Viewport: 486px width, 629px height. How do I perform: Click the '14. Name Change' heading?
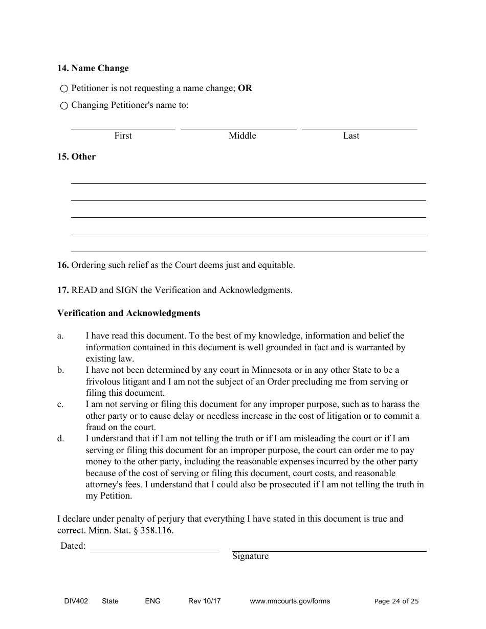click(x=93, y=69)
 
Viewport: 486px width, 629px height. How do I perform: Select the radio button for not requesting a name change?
click(x=64, y=88)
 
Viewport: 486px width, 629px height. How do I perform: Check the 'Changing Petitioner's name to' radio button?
click(x=64, y=106)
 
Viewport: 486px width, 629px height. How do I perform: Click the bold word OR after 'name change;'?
click(x=245, y=88)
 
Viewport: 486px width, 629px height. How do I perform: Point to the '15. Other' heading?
click(x=76, y=157)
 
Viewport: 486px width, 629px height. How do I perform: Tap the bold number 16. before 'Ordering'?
click(x=63, y=265)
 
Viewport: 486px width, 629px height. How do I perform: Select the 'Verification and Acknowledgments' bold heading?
click(x=128, y=313)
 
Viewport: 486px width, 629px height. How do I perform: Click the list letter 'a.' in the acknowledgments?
click(x=60, y=336)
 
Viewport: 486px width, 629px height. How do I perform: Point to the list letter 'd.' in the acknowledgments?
click(x=60, y=439)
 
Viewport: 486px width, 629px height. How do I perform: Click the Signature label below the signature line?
click(x=250, y=556)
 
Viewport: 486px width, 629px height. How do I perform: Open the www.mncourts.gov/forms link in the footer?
click(x=290, y=601)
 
